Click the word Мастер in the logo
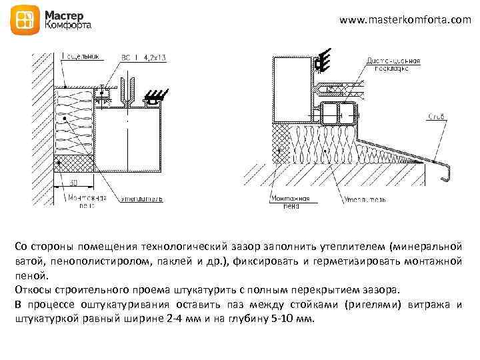(x=65, y=15)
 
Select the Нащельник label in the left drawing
(x=81, y=57)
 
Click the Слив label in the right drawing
(x=436, y=117)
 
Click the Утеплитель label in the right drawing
(x=363, y=199)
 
